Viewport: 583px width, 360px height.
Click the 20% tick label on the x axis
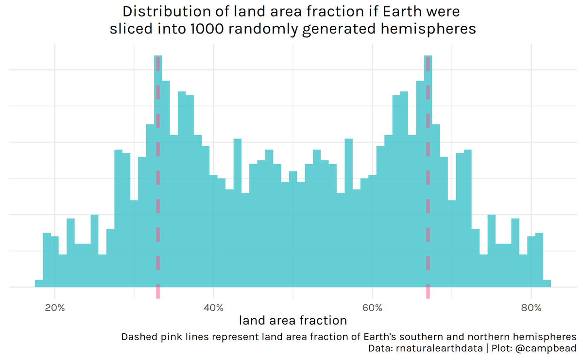54,308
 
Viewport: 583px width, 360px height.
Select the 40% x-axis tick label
213,308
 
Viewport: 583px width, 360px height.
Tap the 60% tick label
372,308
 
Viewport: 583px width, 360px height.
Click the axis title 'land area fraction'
293,321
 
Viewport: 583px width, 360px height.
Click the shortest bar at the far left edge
39,284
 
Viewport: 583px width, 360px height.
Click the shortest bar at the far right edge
547,284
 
